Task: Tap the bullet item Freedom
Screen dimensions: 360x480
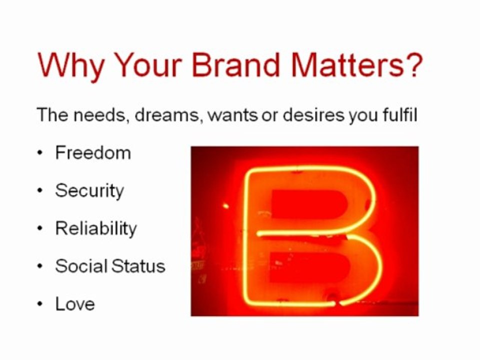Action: (x=93, y=152)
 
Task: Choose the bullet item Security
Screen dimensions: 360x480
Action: (x=89, y=190)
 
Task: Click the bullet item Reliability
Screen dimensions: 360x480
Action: (x=96, y=228)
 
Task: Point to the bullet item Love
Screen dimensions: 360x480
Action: (x=75, y=304)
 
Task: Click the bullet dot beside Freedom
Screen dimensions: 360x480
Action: (x=40, y=153)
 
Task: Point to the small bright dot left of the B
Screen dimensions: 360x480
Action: (x=225, y=205)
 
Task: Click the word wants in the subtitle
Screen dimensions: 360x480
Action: (x=232, y=115)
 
